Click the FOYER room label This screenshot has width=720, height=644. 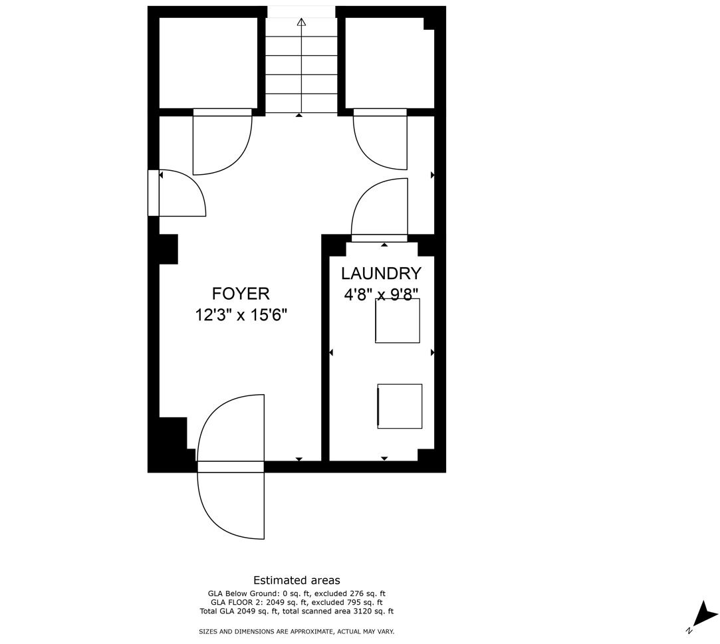(x=241, y=293)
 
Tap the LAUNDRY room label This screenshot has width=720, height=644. (x=381, y=274)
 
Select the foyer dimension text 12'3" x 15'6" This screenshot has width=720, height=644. (x=241, y=315)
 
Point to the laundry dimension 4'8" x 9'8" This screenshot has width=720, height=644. (x=381, y=294)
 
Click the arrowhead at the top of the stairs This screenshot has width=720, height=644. (x=301, y=21)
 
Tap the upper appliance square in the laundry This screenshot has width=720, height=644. (x=398, y=321)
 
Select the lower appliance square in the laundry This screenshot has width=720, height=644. (x=400, y=406)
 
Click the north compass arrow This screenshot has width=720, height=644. (x=705, y=614)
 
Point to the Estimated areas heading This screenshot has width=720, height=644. (x=297, y=580)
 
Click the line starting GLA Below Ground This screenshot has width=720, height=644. (x=297, y=593)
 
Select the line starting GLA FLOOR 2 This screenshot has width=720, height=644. (x=297, y=602)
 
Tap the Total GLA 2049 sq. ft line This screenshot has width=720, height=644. (x=297, y=611)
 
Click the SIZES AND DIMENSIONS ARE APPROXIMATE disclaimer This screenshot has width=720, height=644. (x=297, y=631)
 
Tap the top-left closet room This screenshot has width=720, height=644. (x=208, y=63)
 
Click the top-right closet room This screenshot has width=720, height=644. (x=390, y=63)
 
